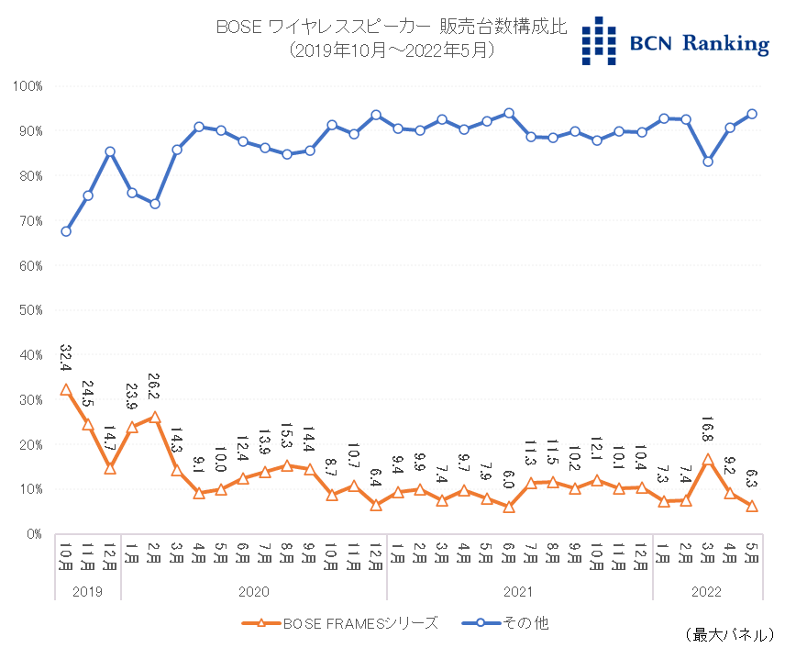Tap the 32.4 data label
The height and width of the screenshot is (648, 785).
[x=66, y=356]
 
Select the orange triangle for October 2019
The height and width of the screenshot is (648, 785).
[x=66, y=389]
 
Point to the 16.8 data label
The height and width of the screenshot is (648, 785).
[x=708, y=425]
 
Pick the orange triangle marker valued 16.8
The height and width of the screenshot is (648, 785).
[x=708, y=459]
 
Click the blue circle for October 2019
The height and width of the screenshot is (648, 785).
[x=66, y=231]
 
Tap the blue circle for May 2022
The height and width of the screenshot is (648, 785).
[x=752, y=114]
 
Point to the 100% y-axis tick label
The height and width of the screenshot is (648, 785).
[x=28, y=86]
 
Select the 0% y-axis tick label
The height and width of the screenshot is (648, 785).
[x=34, y=533]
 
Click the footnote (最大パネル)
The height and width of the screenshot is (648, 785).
[x=730, y=634]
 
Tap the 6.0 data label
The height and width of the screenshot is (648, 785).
[x=509, y=480]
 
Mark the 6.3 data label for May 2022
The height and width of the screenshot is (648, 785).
[x=752, y=477]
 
